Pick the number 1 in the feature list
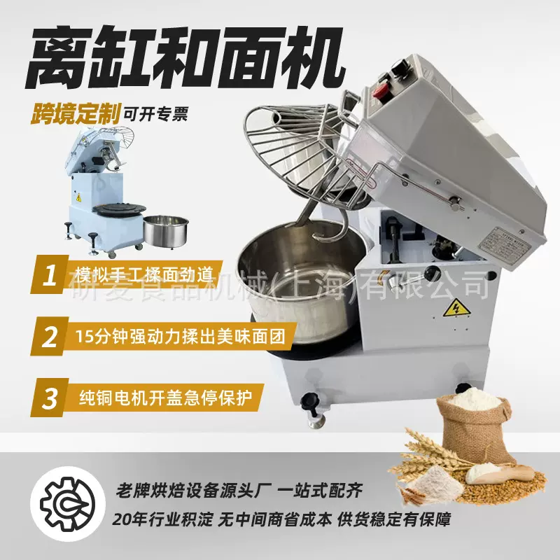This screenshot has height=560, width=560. click(x=50, y=276)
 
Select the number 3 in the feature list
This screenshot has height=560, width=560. click(x=50, y=398)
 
